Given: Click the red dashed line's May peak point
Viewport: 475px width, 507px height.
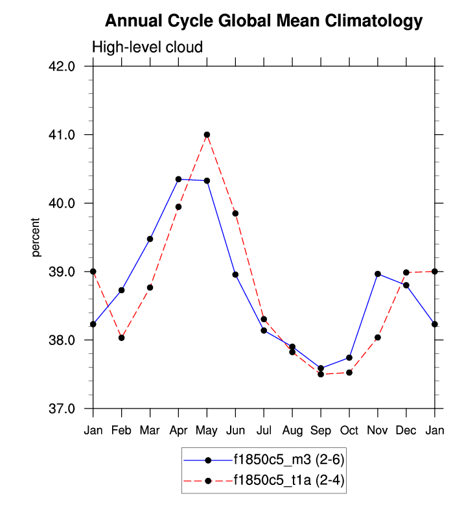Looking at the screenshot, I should (207, 135).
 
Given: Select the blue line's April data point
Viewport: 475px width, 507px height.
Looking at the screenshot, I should (178, 179).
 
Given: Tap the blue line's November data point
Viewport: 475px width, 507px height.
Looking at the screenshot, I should (378, 274).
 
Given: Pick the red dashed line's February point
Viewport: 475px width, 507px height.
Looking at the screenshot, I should (121, 338).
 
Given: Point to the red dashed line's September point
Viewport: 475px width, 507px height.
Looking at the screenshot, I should (321, 374).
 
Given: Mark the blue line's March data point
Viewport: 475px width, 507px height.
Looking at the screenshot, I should (150, 239).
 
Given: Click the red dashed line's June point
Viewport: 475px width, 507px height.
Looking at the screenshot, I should (235, 213).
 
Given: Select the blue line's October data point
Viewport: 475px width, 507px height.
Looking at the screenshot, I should (349, 358).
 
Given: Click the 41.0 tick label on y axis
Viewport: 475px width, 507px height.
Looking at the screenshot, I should (64, 135).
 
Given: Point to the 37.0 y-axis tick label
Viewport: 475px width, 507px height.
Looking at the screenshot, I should (64, 409).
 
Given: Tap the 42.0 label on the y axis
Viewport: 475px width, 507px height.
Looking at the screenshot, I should (64, 66).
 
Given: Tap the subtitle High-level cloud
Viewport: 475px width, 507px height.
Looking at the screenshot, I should (148, 47).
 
